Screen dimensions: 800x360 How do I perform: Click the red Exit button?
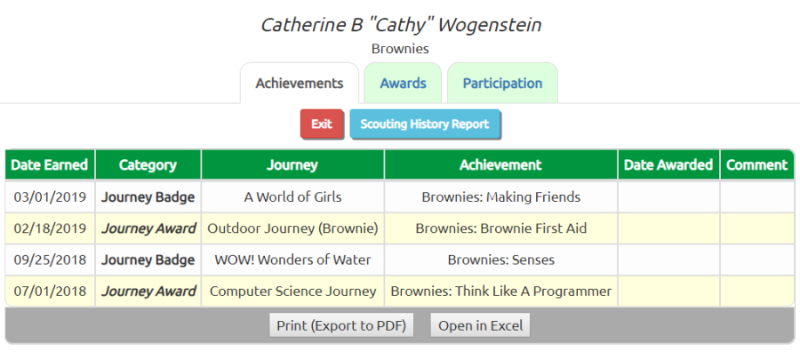coord(322,124)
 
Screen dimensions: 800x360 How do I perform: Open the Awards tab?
coord(403,84)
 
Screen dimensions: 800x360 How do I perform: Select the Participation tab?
coord(502,84)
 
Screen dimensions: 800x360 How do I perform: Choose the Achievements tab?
coord(300,84)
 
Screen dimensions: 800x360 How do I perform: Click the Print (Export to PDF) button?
coord(341,325)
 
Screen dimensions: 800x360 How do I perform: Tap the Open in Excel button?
coord(481,325)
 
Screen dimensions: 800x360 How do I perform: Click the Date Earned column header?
coord(50,164)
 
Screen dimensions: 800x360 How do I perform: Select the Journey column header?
coord(292,164)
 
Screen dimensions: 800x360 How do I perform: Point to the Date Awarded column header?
coord(668,164)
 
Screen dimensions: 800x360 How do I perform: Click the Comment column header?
coord(757,164)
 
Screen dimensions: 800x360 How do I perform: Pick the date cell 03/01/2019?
coord(50,196)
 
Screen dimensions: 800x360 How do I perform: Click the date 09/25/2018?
coord(50,260)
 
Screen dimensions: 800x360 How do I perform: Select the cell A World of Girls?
coord(292,196)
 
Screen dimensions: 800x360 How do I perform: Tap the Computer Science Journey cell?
coord(292,292)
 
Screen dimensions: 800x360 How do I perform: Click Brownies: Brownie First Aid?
coord(501,228)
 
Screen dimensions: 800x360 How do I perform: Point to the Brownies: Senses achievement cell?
coord(501,260)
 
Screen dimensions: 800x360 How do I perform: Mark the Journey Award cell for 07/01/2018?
coord(148,292)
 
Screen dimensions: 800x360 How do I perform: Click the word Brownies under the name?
coord(400,49)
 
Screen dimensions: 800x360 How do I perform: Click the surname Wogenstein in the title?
coord(489,25)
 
